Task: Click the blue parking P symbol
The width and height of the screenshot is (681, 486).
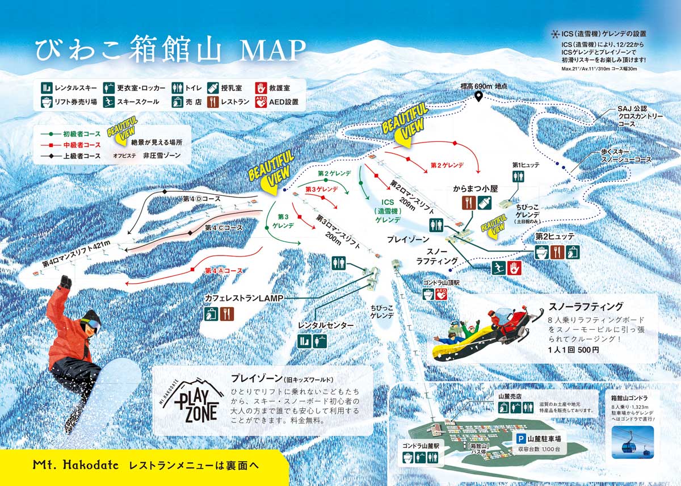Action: [520, 438]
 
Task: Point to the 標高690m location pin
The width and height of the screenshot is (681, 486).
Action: [478, 97]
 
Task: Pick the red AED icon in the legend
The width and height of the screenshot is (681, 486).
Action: [262, 102]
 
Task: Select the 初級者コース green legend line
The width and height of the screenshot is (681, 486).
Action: [51, 134]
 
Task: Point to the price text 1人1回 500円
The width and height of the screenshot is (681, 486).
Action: [573, 350]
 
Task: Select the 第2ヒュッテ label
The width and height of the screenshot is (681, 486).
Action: [554, 236]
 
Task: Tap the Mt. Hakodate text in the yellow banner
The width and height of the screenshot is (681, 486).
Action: [75, 465]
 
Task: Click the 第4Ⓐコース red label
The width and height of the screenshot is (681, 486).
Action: [224, 271]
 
